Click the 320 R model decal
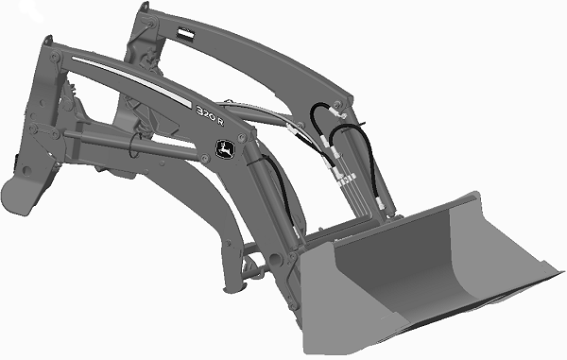point(210,115)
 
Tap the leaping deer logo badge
point(224,148)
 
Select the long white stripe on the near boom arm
point(131,81)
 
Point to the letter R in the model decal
point(220,122)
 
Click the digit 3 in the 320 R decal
point(200,111)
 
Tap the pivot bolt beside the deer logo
point(242,137)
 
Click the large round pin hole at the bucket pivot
point(274,259)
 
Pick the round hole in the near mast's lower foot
point(26,170)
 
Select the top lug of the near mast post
point(48,39)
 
